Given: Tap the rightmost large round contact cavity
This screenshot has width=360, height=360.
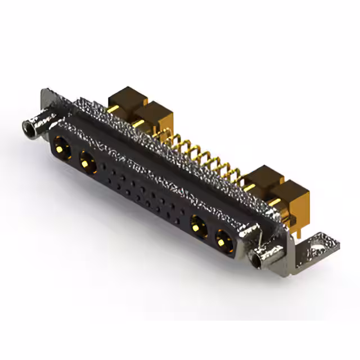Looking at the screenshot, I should [x=224, y=242].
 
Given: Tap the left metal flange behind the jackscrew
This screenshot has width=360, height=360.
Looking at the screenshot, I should [x=49, y=101].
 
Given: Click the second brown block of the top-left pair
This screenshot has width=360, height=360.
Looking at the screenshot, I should [x=154, y=116].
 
